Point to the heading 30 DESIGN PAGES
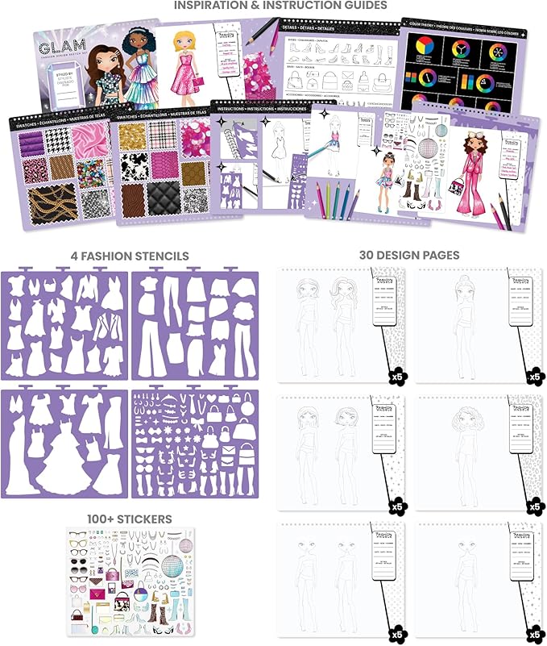pyautogui.click(x=409, y=256)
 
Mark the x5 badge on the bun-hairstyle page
pyautogui.click(x=533, y=376)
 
